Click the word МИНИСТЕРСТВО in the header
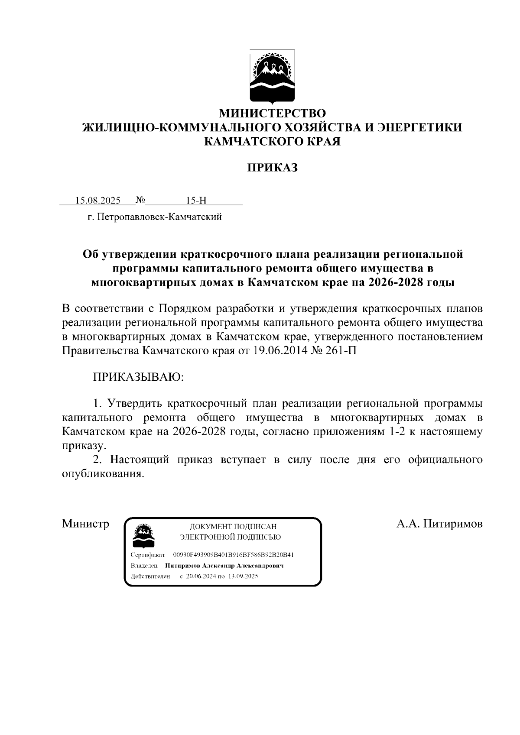[272, 113]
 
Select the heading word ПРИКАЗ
[272, 168]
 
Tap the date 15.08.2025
[98, 201]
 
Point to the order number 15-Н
[196, 201]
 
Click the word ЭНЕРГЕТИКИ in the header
[419, 127]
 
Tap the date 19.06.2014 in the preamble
[278, 350]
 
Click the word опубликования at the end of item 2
[102, 473]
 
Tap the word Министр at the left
[85, 524]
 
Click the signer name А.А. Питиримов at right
[439, 524]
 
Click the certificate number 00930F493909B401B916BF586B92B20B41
[234, 555]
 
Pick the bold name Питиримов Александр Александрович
[224, 566]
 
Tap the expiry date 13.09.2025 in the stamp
[243, 576]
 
